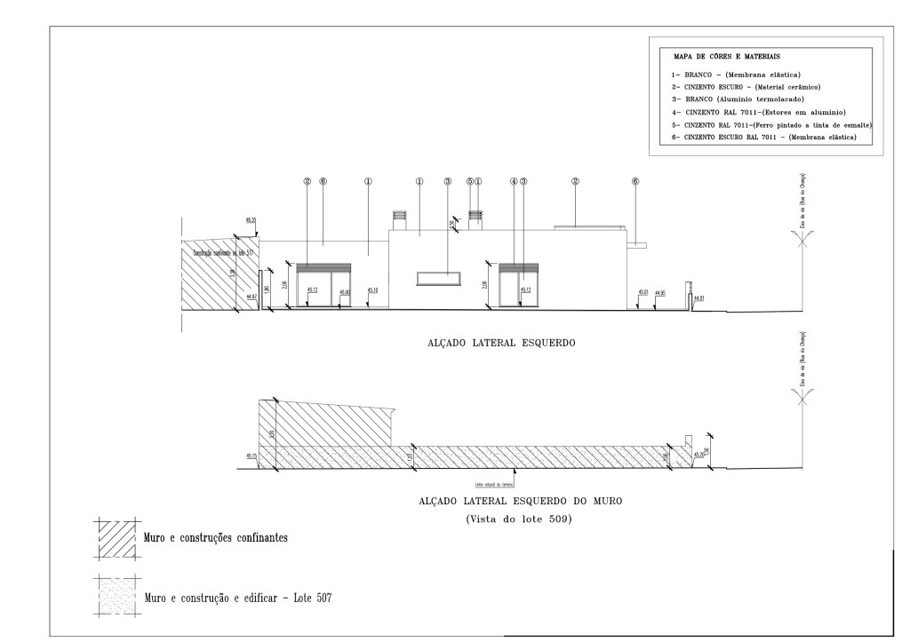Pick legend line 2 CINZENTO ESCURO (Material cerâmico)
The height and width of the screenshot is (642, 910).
coord(745,87)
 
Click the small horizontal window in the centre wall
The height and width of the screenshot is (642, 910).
coord(438,278)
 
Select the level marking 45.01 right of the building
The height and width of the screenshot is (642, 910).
coord(643,292)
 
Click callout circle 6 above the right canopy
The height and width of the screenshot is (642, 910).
coord(635,181)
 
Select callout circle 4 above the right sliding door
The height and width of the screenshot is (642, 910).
coord(514,181)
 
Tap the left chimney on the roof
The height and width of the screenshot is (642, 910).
coord(399,218)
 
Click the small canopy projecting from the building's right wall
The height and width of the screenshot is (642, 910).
coord(636,242)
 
